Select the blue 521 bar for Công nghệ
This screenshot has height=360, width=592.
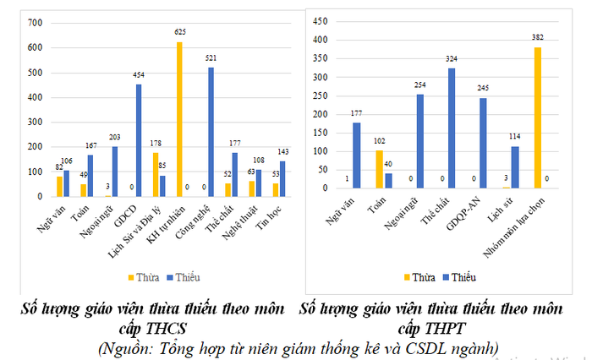(x=211, y=131)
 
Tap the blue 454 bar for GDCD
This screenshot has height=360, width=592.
(x=138, y=139)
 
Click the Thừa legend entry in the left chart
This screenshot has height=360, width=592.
(x=146, y=276)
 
